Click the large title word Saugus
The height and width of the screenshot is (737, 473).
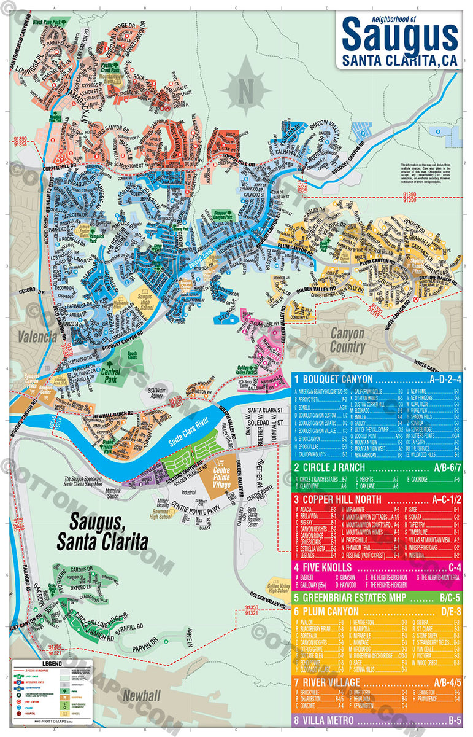pos(400,36)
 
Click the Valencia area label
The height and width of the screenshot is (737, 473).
pos(37,337)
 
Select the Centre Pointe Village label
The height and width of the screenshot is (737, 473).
pos(222,477)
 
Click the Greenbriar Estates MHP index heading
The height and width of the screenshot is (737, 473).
pos(348,597)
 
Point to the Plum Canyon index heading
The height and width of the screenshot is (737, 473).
pos(330,612)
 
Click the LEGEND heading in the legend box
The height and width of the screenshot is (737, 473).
pos(51,664)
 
